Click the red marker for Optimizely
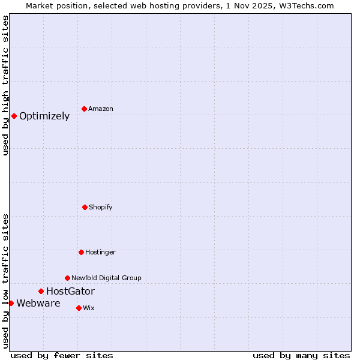coord(14,116)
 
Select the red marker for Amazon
coord(84,109)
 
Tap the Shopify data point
coord(85,207)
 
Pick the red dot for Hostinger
coord(81,252)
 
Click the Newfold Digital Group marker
coord(67,278)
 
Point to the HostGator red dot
coord(41,291)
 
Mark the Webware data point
coord(11,303)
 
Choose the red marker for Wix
coord(79,308)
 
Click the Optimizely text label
coord(44,116)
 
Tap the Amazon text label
coord(101,109)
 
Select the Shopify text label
coord(101,208)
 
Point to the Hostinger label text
coord(100,253)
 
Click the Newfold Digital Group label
coord(106,278)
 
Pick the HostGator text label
coord(70,292)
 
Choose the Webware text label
coord(38,304)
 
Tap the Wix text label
coord(89,308)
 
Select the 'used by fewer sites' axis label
coord(62,355)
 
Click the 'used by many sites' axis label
coord(301,355)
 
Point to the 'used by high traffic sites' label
coord(5,85)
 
